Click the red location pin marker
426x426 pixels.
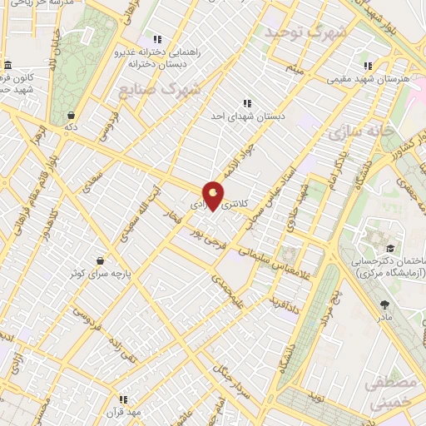pyautogui.click(x=215, y=195)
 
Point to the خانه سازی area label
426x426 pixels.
pyautogui.click(x=359, y=132)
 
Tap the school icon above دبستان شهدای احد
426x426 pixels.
pyautogui.click(x=246, y=104)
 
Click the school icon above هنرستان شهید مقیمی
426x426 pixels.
pyautogui.click(x=366, y=66)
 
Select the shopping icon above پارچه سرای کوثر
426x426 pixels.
pyautogui.click(x=101, y=260)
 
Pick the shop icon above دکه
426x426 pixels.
pyautogui.click(x=72, y=115)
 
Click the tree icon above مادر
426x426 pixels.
pyautogui.click(x=384, y=305)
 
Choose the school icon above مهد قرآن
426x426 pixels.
pyautogui.click(x=123, y=399)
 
